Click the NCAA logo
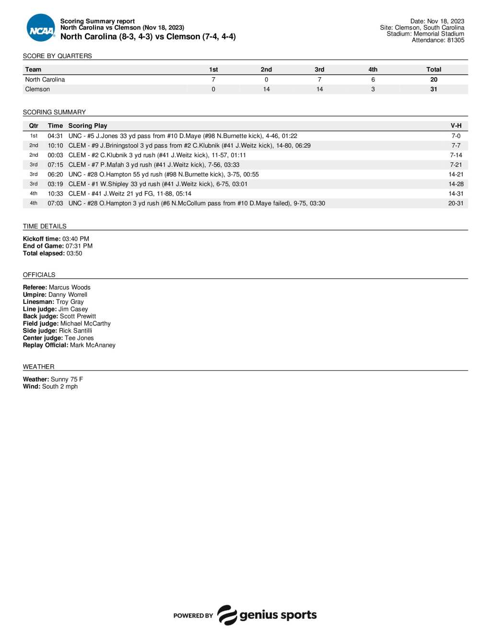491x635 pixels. [41, 28]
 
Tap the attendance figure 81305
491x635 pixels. [456, 40]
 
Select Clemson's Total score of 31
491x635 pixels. [433, 89]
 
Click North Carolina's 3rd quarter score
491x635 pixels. [319, 80]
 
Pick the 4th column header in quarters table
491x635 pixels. [373, 69]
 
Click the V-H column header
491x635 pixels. [456, 126]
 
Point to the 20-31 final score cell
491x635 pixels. [456, 203]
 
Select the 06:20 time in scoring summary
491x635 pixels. [55, 174]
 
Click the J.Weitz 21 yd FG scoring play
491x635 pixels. [130, 194]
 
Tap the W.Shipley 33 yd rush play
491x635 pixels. [158, 184]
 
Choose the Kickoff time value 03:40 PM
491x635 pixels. [76, 239]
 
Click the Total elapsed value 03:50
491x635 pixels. [74, 253]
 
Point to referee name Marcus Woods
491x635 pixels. [70, 288]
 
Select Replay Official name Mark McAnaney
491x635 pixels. [93, 345]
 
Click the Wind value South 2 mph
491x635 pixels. [60, 386]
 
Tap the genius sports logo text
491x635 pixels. [278, 615]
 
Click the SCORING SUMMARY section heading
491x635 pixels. [54, 112]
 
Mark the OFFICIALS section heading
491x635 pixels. [39, 275]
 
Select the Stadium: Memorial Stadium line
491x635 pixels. [425, 34]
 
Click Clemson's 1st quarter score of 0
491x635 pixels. [213, 89]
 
